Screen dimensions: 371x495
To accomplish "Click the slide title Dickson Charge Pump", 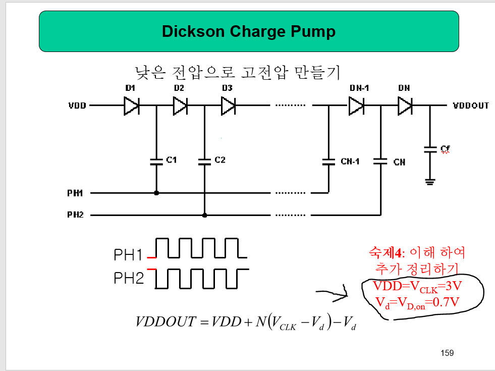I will pyautogui.click(x=248, y=31).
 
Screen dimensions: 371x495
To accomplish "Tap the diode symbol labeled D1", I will pyautogui.click(x=131, y=106).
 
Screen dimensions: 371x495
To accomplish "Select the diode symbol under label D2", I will pyautogui.click(x=180, y=106).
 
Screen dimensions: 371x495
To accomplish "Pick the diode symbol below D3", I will pyautogui.click(x=228, y=106).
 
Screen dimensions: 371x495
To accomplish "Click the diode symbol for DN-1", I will pyautogui.click(x=356, y=106).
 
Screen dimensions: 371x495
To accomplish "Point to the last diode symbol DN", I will pyautogui.click(x=405, y=106).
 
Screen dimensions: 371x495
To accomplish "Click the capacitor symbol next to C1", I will pyautogui.click(x=156, y=162).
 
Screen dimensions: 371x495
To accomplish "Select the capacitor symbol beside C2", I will pyautogui.click(x=204, y=162).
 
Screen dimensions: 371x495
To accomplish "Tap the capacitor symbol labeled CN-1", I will pyautogui.click(x=328, y=162).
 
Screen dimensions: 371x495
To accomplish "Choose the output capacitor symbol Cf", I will pyautogui.click(x=430, y=149).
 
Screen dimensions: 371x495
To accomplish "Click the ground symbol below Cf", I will pyautogui.click(x=430, y=181).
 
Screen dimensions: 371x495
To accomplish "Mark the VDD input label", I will pyautogui.click(x=77, y=106).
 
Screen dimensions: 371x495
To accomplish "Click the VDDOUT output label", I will pyautogui.click(x=470, y=106).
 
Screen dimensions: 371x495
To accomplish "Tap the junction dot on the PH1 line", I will pyautogui.click(x=156, y=193).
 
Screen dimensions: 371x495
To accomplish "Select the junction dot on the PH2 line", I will pyautogui.click(x=204, y=215).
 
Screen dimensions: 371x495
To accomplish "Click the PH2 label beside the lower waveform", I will pyautogui.click(x=129, y=278).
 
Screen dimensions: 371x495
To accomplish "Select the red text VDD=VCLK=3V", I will pyautogui.click(x=417, y=287).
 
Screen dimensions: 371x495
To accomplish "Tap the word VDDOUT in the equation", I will pyautogui.click(x=166, y=322).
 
